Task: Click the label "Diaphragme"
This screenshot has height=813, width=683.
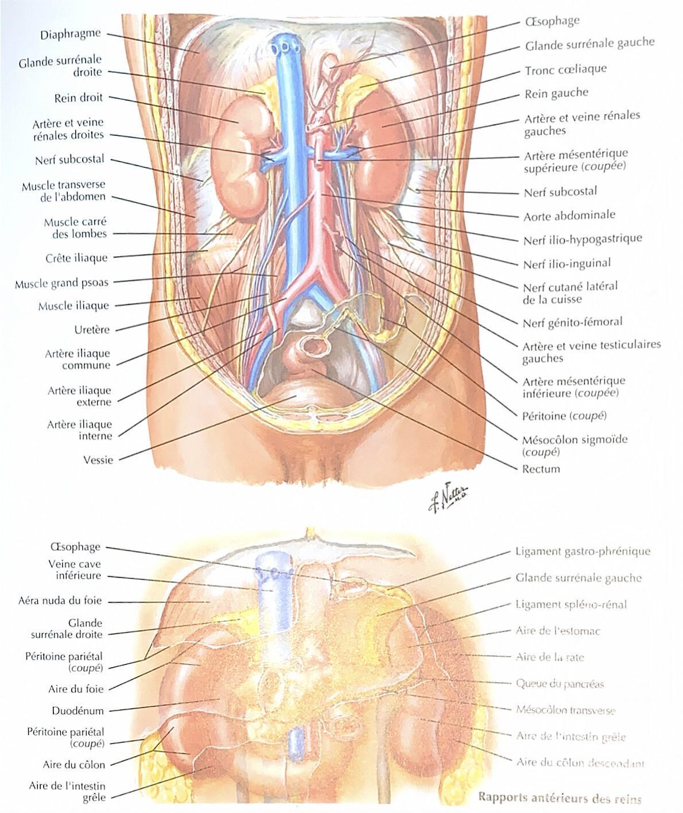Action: [71, 34]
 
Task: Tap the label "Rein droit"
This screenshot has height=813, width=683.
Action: [79, 98]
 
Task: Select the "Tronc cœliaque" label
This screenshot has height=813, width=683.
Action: [565, 69]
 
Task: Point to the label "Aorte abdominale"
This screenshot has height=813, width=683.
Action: [569, 215]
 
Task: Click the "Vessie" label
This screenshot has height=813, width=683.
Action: [98, 460]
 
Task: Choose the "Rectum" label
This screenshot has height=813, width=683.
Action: [541, 469]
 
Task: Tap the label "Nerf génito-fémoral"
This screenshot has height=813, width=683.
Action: [572, 323]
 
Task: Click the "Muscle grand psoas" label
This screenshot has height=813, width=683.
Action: [61, 283]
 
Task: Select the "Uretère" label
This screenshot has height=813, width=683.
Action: [92, 330]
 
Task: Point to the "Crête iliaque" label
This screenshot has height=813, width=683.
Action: [76, 258]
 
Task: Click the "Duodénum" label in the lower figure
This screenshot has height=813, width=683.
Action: [78, 711]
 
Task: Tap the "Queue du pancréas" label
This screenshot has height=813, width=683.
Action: [560, 684]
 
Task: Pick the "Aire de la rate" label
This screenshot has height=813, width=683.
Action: [550, 657]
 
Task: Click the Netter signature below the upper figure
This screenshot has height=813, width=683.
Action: [449, 499]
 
